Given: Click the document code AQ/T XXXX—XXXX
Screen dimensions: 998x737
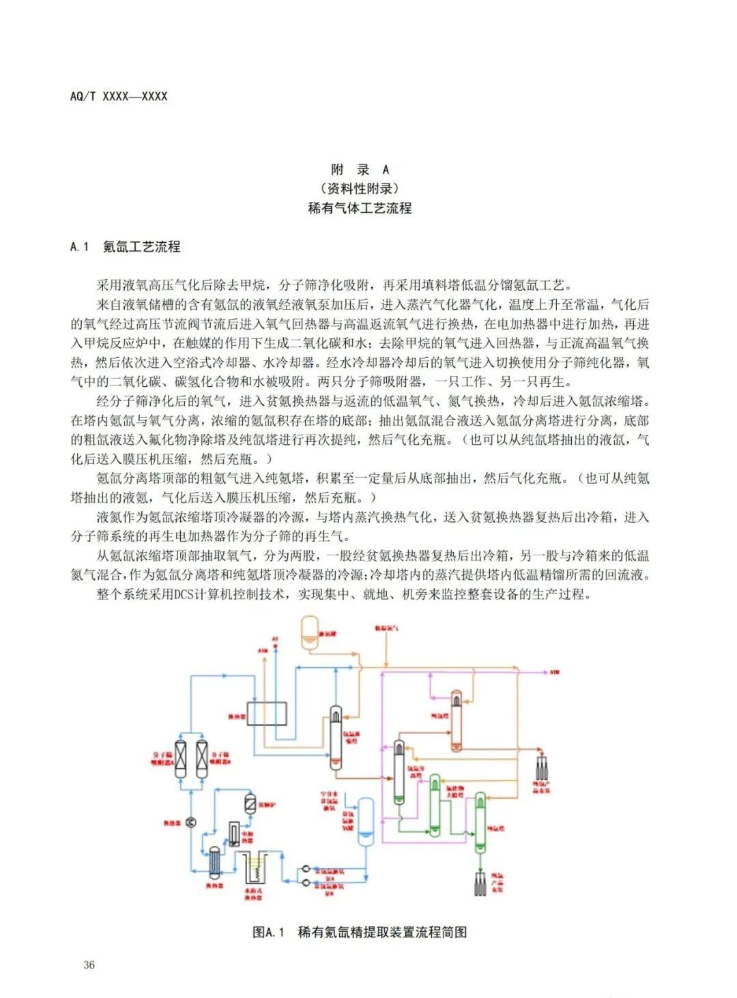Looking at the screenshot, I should click(x=119, y=96).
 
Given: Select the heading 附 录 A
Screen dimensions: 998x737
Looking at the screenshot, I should click(x=360, y=170).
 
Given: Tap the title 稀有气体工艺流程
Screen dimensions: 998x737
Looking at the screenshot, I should click(x=360, y=208).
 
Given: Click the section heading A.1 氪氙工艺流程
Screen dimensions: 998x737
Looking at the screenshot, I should click(x=126, y=247).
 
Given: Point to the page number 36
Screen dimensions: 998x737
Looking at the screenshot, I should click(x=89, y=965).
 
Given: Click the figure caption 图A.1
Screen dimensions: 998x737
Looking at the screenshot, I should click(x=268, y=932).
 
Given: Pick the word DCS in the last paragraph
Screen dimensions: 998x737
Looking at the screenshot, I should click(x=184, y=594).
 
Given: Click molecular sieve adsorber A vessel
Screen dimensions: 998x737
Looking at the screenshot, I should click(x=181, y=758).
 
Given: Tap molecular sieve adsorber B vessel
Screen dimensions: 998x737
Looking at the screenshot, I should click(x=201, y=758).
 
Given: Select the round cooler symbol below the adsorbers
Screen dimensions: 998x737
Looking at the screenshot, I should click(x=191, y=822).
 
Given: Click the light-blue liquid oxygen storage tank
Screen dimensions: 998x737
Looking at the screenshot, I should click(x=366, y=821).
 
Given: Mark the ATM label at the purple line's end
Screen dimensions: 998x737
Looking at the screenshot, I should click(x=554, y=673).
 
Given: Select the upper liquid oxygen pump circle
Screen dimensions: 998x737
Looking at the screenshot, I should click(x=305, y=870).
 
